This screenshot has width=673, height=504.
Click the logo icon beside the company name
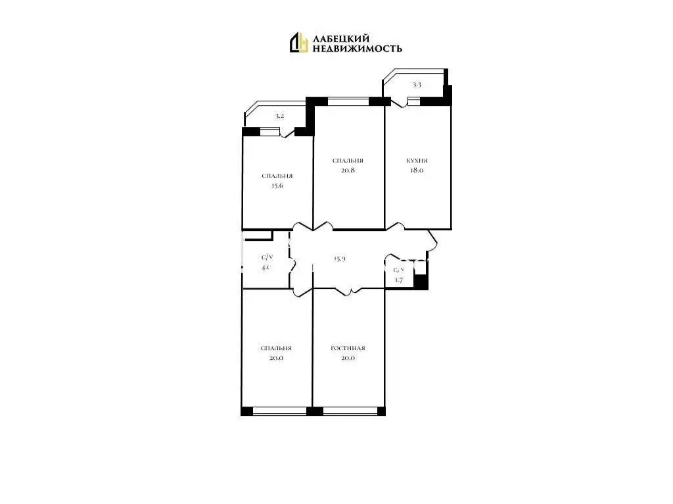tap(299, 42)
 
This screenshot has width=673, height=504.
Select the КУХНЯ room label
tap(417, 161)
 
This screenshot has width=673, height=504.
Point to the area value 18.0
tap(417, 170)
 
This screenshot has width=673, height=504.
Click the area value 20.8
tap(348, 170)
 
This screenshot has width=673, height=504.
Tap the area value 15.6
tap(277, 186)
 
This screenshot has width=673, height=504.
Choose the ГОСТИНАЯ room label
tap(348, 348)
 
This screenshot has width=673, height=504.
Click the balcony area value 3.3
tap(417, 85)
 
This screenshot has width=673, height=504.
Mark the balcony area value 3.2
tap(279, 116)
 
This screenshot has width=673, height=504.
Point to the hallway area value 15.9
tap(339, 259)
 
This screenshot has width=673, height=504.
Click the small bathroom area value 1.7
tap(398, 280)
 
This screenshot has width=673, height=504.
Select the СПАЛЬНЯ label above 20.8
tap(348, 161)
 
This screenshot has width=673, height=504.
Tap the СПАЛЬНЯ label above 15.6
tap(277, 176)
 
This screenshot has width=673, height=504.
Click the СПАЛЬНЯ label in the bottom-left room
tap(276, 348)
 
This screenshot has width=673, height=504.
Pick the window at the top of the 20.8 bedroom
tap(348, 101)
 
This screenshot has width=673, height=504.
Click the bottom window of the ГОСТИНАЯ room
tap(350, 411)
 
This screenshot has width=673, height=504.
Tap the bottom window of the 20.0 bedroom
tap(279, 411)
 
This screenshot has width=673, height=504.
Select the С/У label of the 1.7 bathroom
tap(399, 270)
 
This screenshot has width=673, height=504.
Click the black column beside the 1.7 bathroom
tap(421, 281)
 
